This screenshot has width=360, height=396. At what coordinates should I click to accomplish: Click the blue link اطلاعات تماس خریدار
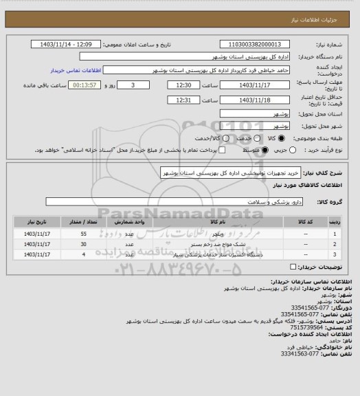77,71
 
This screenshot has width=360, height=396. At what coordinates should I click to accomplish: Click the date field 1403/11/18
254,100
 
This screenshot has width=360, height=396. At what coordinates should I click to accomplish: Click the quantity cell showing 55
83,234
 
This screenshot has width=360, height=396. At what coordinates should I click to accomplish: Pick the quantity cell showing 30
83,244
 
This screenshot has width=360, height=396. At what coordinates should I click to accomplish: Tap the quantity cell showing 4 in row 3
83,254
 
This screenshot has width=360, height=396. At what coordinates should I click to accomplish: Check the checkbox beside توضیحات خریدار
294,267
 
